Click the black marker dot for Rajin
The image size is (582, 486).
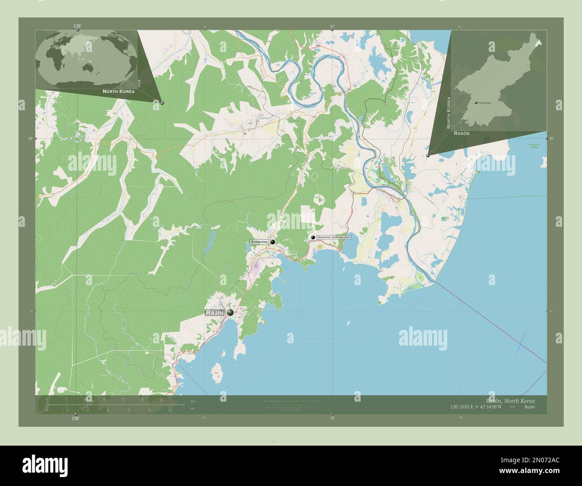tap(230, 312)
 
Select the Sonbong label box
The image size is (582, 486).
tap(259, 242)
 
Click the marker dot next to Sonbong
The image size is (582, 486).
tap(272, 242)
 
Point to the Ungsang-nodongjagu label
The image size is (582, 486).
tap(333, 237)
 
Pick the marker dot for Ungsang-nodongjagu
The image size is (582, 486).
tap(313, 237)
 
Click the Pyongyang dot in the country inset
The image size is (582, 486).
tap(476, 103)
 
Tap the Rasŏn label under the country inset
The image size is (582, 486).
tap(462, 134)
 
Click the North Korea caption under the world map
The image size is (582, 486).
tap(118, 91)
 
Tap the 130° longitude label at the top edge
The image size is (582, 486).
tap(78, 26)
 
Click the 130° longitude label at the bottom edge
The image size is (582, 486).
tap(75, 418)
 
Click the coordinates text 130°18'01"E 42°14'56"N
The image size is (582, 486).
tap(476, 407)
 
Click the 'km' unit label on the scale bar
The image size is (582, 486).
tap(193, 401)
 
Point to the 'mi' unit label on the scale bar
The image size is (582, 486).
tap(193, 408)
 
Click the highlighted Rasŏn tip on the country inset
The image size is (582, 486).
tap(540, 43)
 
